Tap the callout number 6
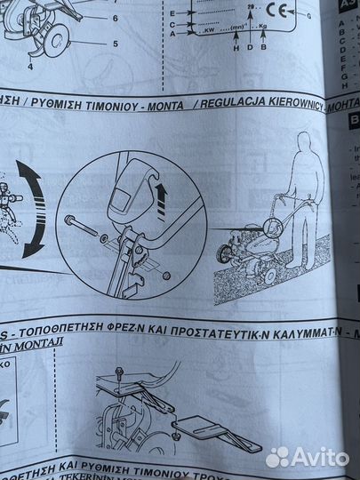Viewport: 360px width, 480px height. click(115, 18)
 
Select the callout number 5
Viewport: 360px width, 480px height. click(115, 43)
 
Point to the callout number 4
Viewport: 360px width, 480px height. click(29, 64)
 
